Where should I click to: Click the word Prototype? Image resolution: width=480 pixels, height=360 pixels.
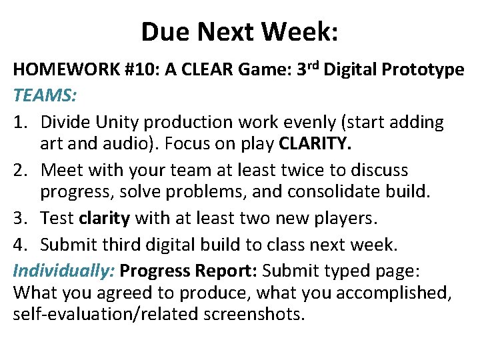click(427, 69)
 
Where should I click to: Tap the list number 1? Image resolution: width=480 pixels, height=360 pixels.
click(21, 122)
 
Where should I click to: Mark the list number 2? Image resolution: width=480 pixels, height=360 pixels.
click(21, 170)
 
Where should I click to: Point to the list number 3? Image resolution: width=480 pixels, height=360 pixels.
click(21, 218)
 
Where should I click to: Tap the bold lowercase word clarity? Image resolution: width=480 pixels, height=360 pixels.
click(103, 218)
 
